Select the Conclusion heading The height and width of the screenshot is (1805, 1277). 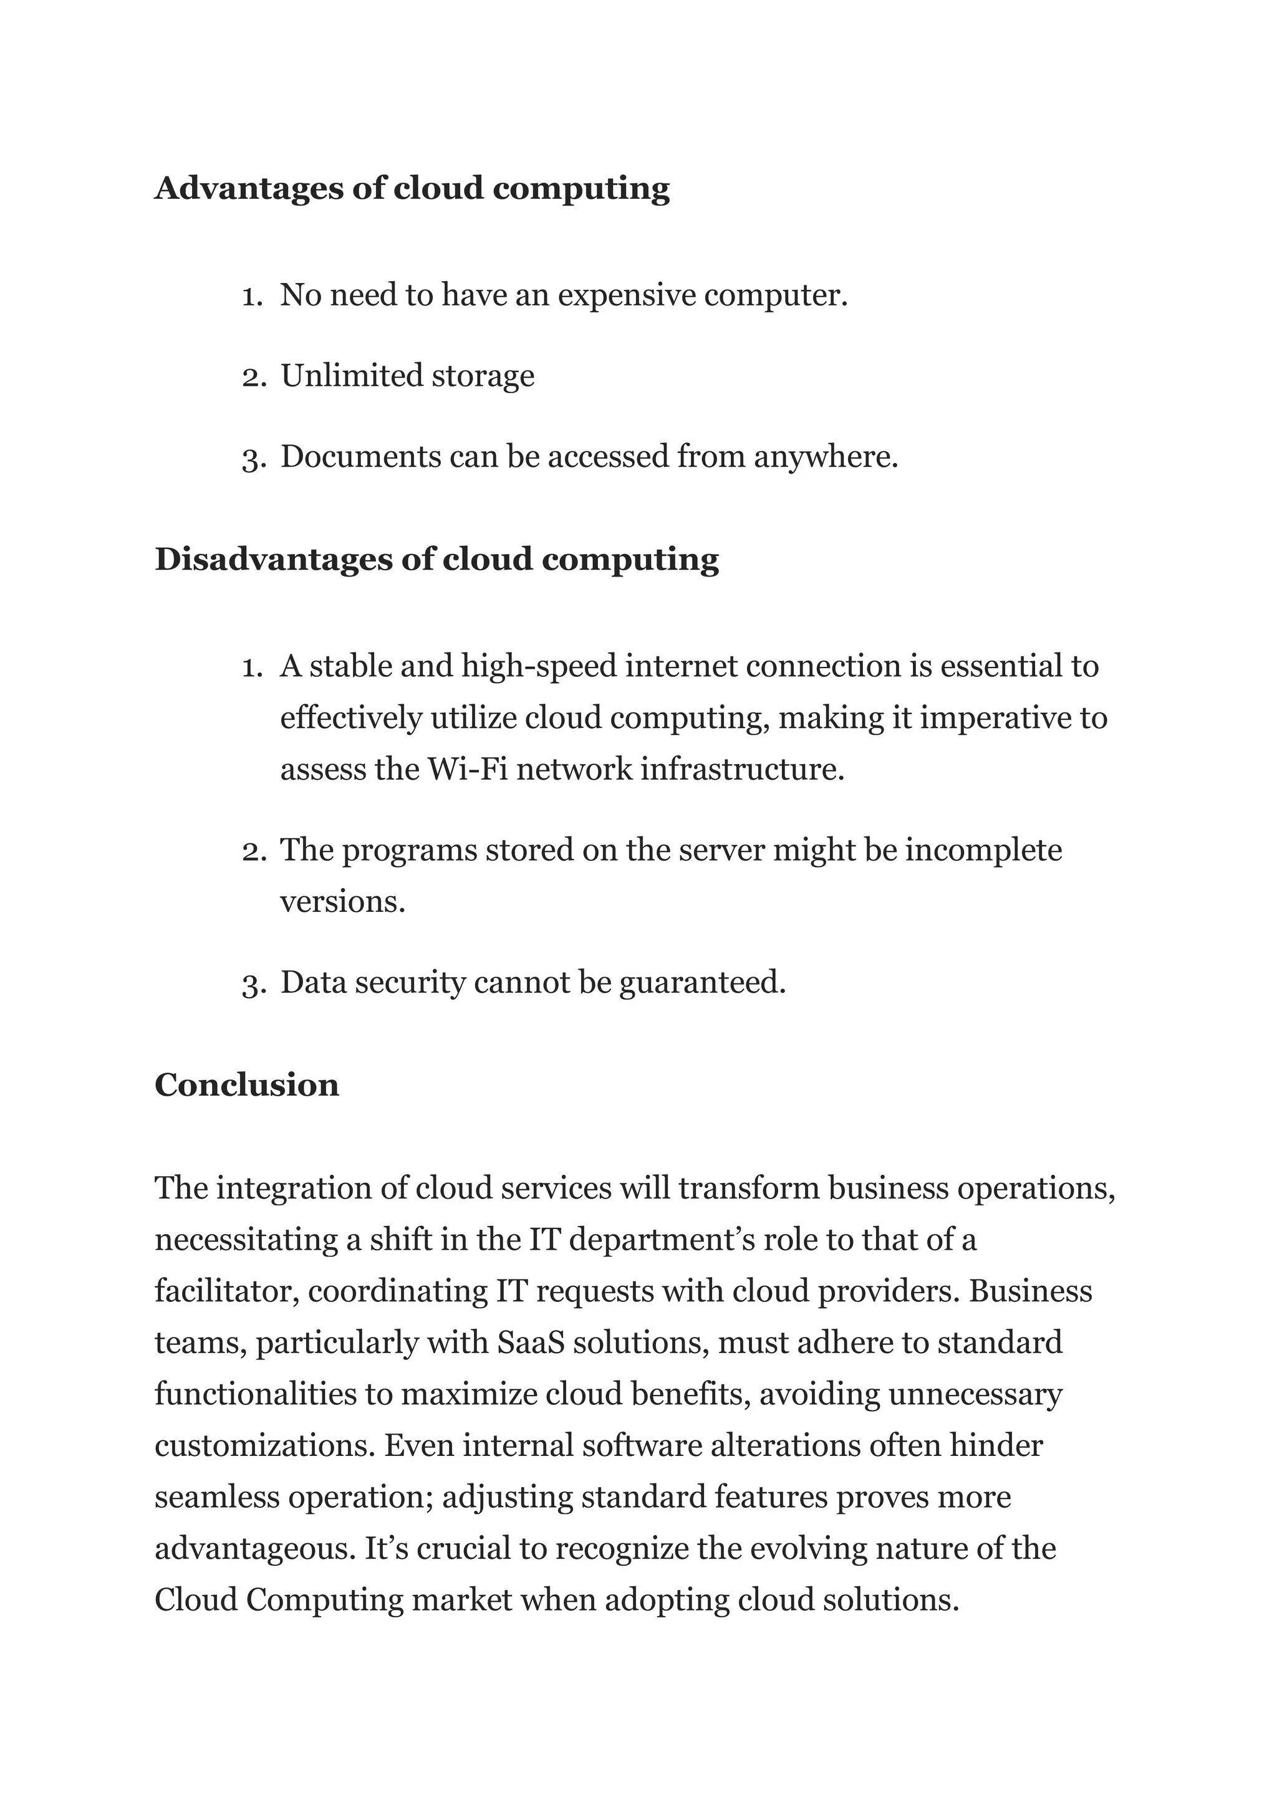click(x=246, y=1085)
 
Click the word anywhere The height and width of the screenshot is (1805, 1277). click(x=825, y=457)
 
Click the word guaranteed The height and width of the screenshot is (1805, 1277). click(x=702, y=983)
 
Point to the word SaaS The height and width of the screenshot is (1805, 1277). click(x=531, y=1343)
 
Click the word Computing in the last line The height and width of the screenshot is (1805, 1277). click(x=324, y=1600)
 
